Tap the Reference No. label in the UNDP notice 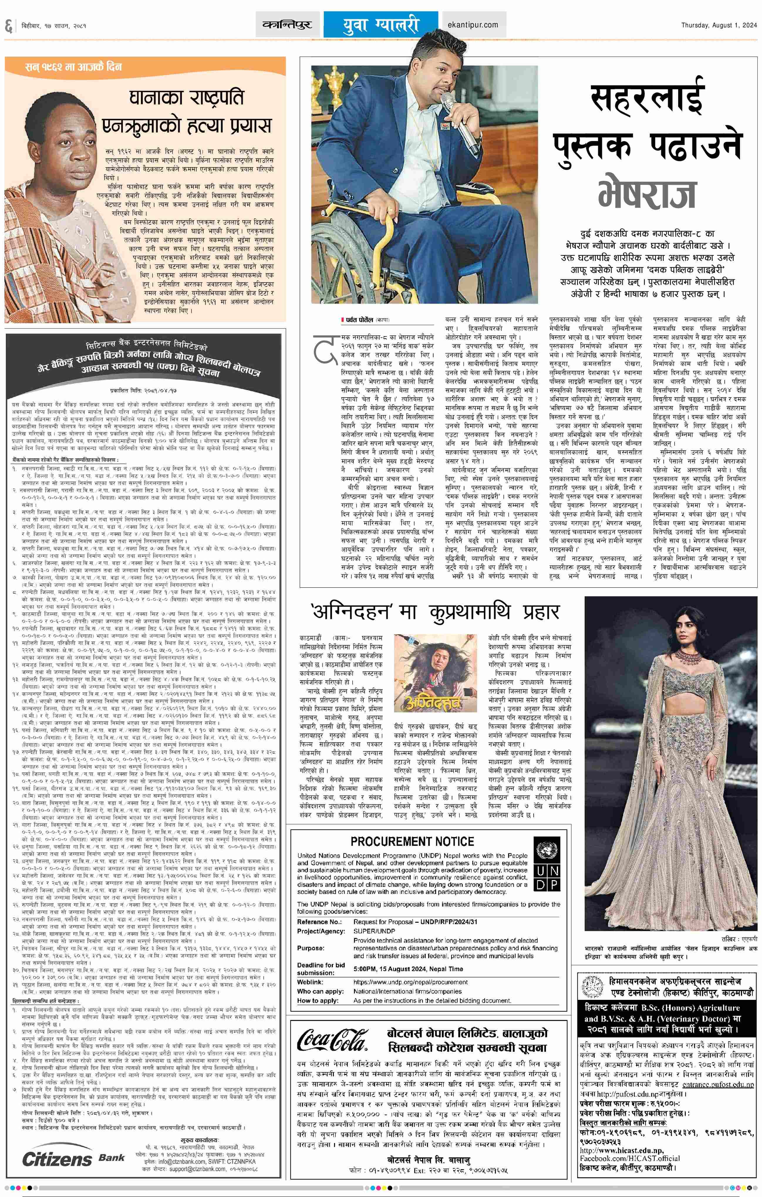click(320, 921)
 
